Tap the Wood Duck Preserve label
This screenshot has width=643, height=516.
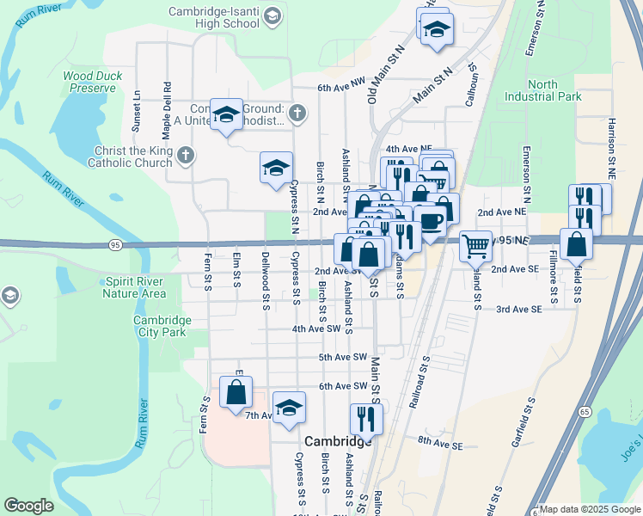(x=93, y=82)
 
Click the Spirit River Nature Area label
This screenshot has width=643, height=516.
(x=134, y=287)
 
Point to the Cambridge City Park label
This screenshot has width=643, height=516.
(x=162, y=327)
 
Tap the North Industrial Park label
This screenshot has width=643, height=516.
(x=542, y=91)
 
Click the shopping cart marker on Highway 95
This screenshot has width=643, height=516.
(x=475, y=246)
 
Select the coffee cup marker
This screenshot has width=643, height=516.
(x=430, y=220)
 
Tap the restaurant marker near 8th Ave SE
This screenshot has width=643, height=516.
(x=366, y=419)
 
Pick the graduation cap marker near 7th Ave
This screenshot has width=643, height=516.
(x=290, y=408)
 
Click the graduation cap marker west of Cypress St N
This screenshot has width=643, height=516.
(x=276, y=168)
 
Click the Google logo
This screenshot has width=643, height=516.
(x=28, y=506)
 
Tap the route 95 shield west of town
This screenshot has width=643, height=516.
(x=115, y=245)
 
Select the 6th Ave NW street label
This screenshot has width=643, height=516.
(x=341, y=88)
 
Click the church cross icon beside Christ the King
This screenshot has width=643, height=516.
(x=187, y=156)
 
